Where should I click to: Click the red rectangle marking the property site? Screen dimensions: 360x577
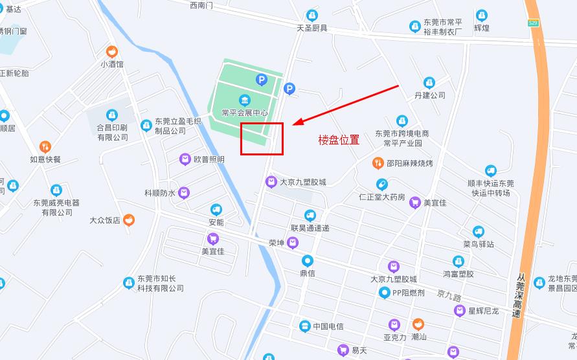pyautogui.click(x=262, y=139)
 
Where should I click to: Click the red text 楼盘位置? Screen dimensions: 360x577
pyautogui.click(x=339, y=139)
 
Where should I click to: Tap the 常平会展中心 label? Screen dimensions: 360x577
pyautogui.click(x=245, y=113)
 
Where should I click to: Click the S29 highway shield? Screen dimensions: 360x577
pyautogui.click(x=533, y=23)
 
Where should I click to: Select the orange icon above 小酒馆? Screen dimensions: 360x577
pyautogui.click(x=112, y=52)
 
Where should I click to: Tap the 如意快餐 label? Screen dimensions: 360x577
pyautogui.click(x=45, y=159)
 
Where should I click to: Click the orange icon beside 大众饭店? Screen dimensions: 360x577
pyautogui.click(x=129, y=220)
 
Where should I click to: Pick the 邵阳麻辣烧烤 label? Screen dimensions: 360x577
pyautogui.click(x=409, y=163)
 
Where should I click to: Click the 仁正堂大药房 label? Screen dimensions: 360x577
pyautogui.click(x=382, y=197)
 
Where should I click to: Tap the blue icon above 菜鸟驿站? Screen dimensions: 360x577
pyautogui.click(x=479, y=232)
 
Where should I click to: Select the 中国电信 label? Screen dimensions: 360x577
pyautogui.click(x=328, y=326)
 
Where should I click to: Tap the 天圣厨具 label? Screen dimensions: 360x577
pyautogui.click(x=312, y=28)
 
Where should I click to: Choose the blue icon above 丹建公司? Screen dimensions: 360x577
pyautogui.click(x=429, y=83)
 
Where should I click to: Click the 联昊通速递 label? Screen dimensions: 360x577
pyautogui.click(x=310, y=228)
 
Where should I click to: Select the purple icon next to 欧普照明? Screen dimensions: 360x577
pyautogui.click(x=185, y=159)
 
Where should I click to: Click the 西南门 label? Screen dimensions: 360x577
pyautogui.click(x=201, y=5)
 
